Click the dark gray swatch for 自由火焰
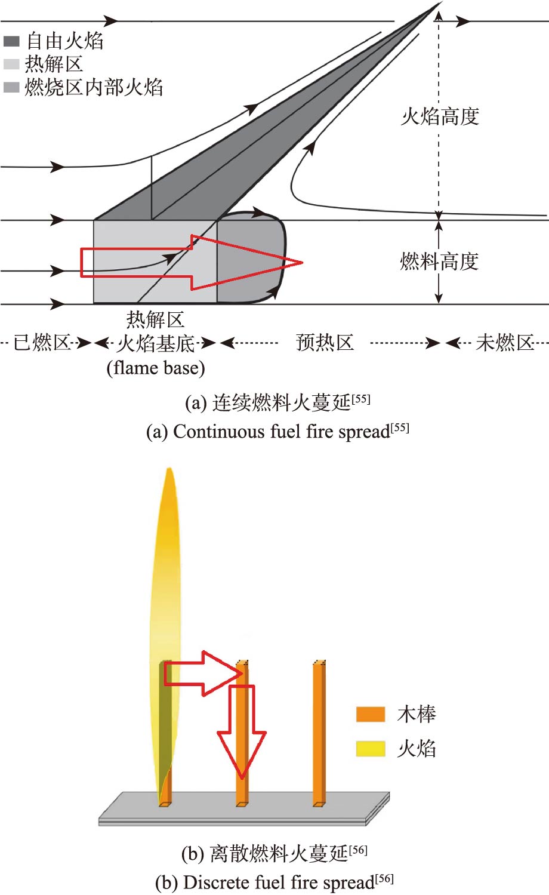11,41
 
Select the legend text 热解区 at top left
54,64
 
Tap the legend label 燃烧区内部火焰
94,88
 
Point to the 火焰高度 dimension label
440,116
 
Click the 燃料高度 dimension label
439,262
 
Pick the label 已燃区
42,343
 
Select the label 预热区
325,343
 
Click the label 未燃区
505,343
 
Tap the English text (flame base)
156,368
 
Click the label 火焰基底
156,343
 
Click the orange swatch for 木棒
370,714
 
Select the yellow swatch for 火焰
370,748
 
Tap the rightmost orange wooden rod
319,734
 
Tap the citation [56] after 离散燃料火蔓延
358,850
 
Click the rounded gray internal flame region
251,260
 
